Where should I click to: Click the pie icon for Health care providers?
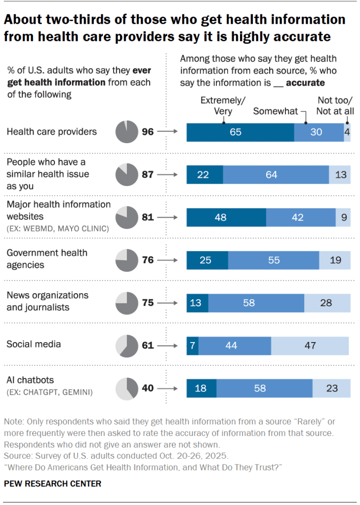click(x=125, y=132)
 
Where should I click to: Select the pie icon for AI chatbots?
click(x=125, y=388)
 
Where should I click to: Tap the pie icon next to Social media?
click(x=125, y=345)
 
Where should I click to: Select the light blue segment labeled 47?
click(x=310, y=346)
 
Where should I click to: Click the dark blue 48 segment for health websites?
click(x=226, y=218)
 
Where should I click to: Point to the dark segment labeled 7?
click(x=192, y=346)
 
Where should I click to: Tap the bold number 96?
click(x=148, y=132)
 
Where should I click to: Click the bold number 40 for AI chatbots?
click(x=148, y=388)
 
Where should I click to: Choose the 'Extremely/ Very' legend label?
click(x=223, y=106)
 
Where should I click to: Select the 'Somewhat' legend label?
click(x=276, y=111)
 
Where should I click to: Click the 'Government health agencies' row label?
click(x=47, y=259)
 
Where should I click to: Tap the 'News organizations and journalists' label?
click(x=47, y=301)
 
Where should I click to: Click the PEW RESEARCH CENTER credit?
click(x=52, y=484)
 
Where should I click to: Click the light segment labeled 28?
click(x=326, y=303)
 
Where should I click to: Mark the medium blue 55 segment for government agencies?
click(x=274, y=260)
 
